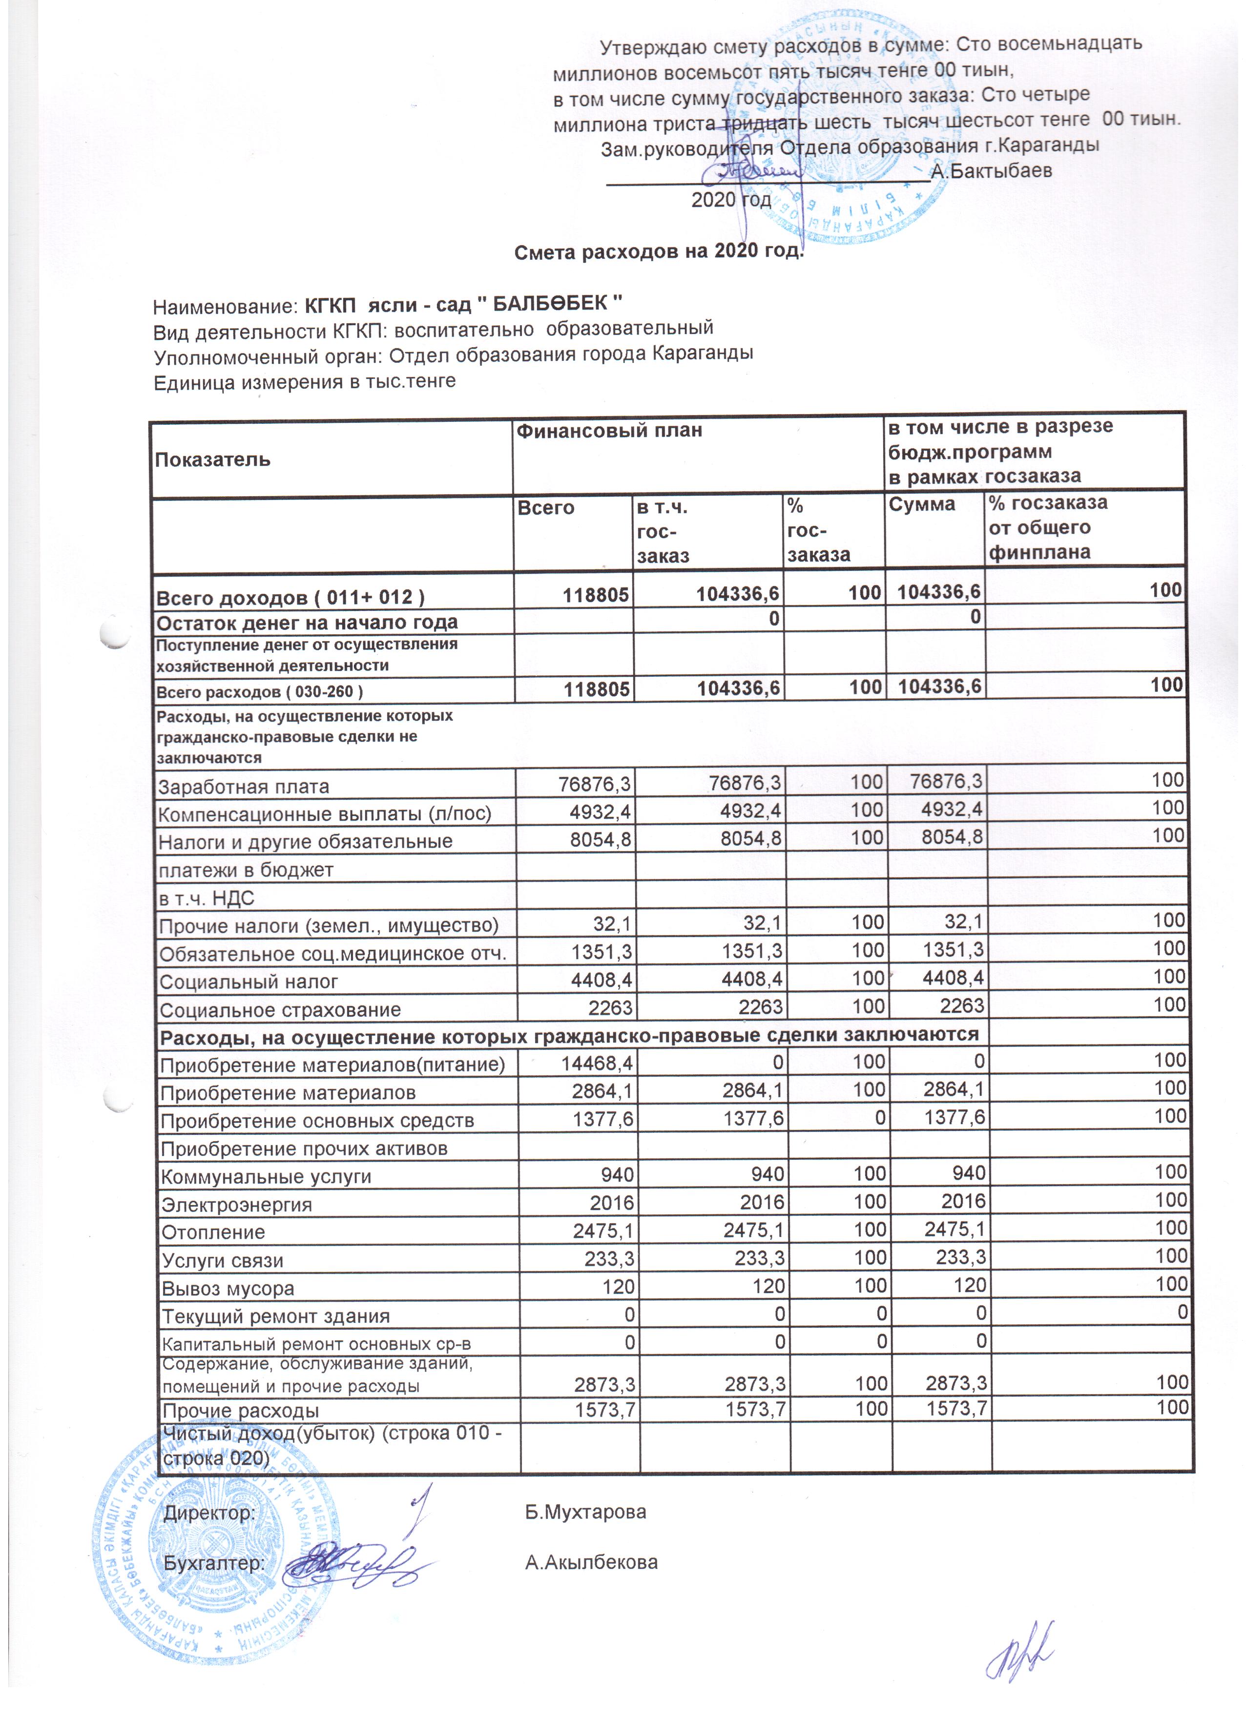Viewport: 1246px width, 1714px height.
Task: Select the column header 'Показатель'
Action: pos(212,460)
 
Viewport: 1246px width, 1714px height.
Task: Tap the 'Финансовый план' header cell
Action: pos(609,431)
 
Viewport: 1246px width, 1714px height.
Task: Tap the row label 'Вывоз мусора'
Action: pos(228,1289)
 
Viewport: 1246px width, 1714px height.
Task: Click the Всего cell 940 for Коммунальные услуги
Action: pos(617,1175)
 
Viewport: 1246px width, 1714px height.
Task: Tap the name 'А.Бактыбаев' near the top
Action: pos(991,171)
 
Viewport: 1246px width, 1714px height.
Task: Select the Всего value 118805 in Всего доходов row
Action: pos(596,595)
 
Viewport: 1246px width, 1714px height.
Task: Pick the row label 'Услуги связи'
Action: pos(223,1260)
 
